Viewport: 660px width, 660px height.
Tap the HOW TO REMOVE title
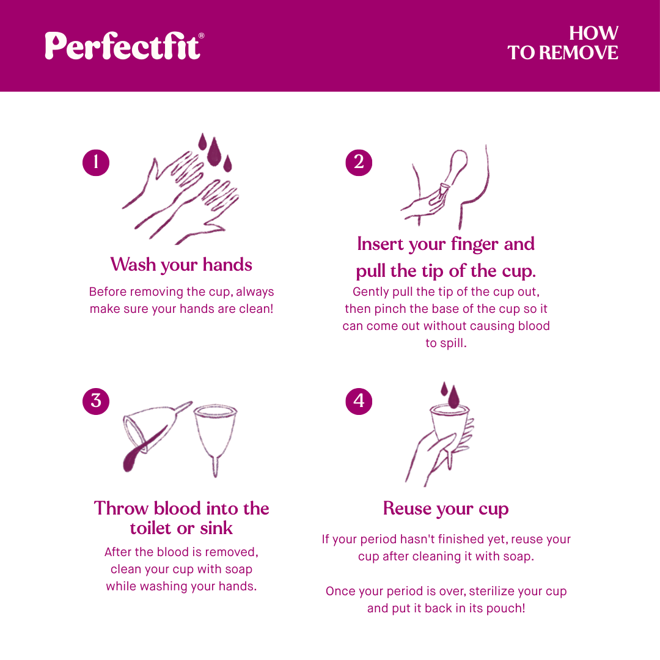coord(563,43)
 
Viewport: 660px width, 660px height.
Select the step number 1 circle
coord(96,162)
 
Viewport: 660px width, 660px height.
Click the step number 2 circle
coord(359,162)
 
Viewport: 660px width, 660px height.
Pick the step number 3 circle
coord(96,401)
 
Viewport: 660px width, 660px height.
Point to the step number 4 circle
coord(359,401)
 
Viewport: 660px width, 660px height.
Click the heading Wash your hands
coord(181,265)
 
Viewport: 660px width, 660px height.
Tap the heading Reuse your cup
coord(446,508)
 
